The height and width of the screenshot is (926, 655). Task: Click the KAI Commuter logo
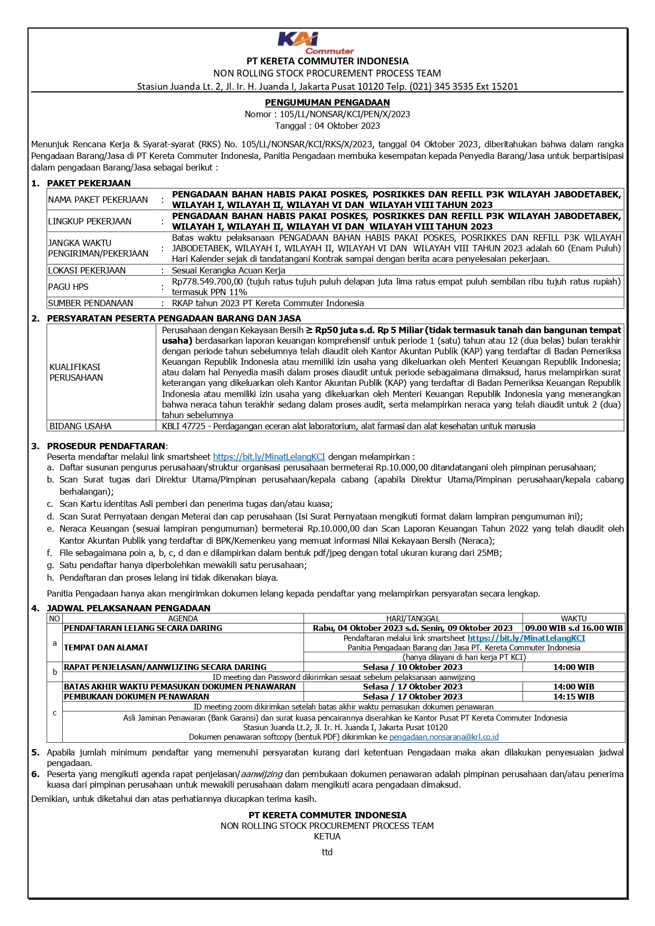point(316,43)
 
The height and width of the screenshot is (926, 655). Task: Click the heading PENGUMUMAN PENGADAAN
point(327,102)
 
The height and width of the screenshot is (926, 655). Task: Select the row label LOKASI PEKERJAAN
point(87,270)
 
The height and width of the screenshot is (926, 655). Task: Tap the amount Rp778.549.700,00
point(207,281)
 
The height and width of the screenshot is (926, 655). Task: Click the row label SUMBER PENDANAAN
point(90,303)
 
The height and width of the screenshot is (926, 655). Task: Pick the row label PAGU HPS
point(68,287)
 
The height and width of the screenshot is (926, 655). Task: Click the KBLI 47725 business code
point(183,426)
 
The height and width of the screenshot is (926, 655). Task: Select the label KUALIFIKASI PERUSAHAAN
point(76,372)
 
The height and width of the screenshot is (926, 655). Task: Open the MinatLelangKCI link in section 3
point(269,457)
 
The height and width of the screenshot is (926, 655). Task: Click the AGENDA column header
point(183,618)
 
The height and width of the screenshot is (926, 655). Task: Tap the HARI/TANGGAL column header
point(413,618)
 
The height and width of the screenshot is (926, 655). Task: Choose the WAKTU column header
point(574,618)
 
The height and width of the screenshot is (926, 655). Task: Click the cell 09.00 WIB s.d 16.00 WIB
point(574,628)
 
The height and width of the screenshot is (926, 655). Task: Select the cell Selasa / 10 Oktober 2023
point(413,667)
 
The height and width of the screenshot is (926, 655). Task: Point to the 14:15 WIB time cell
point(574,697)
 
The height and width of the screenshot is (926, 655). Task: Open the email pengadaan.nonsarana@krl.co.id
point(444,737)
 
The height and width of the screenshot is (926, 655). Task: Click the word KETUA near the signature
point(327,836)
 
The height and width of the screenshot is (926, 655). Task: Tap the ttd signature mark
point(327,852)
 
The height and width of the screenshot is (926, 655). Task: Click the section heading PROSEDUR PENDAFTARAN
point(106,446)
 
